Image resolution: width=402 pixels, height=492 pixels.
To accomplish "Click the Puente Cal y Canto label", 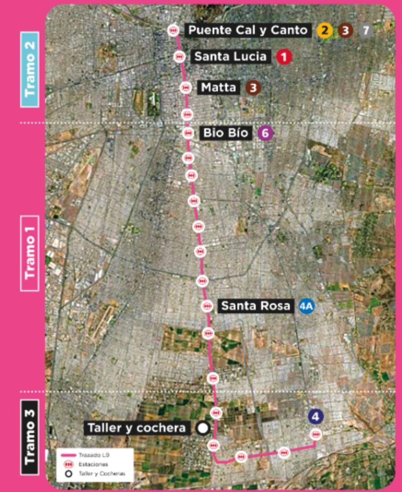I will tap(247, 30).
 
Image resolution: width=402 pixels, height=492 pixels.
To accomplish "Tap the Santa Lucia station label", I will tap(230, 57).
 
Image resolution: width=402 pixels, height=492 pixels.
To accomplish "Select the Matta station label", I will tap(219, 88).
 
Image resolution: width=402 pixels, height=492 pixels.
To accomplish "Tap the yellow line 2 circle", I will tap(325, 30).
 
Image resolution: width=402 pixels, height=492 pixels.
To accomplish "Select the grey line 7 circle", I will tap(365, 30).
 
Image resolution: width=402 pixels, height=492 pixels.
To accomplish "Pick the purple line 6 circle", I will tap(265, 134).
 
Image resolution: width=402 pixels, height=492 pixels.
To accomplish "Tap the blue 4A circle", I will tap(306, 306).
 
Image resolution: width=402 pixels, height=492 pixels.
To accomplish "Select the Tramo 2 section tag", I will tap(31, 69).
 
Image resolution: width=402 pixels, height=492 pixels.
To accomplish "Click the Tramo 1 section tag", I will tap(31, 253).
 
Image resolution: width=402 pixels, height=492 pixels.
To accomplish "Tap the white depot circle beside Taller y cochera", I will tap(203, 428).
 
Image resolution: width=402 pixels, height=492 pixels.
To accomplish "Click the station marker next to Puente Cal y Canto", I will tap(173, 30).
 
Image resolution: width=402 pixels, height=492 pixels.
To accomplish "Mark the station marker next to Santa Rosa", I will tap(207, 306).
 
